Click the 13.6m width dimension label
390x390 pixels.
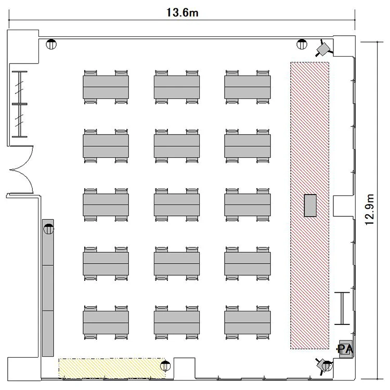(183, 12)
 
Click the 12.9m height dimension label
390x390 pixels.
(369, 210)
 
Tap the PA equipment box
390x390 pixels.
(346, 349)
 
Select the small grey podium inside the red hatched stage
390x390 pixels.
(310, 205)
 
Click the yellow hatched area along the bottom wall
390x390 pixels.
(112, 369)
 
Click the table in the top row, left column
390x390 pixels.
(106, 87)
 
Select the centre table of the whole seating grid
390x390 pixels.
(177, 205)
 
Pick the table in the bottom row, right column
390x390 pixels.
(248, 322)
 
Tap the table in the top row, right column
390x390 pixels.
(248, 87)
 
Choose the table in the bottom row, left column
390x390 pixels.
(106, 322)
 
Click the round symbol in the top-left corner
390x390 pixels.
(51, 44)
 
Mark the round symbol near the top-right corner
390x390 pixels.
(302, 44)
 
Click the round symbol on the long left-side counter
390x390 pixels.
(48, 229)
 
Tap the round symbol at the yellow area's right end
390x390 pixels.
(165, 366)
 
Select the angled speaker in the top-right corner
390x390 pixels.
(324, 49)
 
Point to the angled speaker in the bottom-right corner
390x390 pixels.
(324, 366)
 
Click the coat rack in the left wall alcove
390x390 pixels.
(20, 104)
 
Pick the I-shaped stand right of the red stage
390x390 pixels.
(342, 308)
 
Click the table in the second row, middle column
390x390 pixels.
(177, 146)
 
